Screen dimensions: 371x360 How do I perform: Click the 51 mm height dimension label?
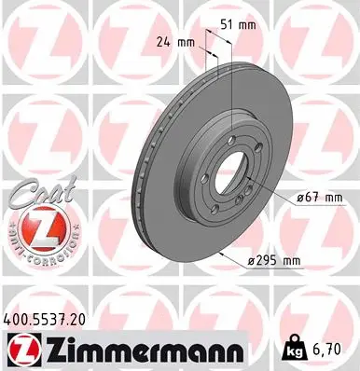[241, 25]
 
